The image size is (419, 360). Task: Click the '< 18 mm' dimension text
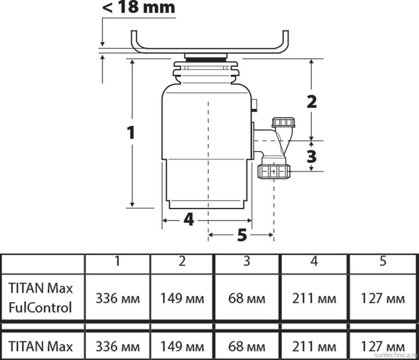[x=139, y=8]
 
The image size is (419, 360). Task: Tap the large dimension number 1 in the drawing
[x=131, y=133]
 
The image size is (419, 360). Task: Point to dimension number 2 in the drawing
[x=311, y=102]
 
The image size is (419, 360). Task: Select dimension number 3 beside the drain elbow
[x=311, y=156]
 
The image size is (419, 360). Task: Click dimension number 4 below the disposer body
[x=189, y=220]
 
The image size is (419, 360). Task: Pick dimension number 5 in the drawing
[x=242, y=234]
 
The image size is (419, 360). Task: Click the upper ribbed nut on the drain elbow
[x=283, y=122]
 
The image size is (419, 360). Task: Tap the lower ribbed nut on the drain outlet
[x=273, y=171]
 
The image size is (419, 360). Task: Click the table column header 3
[x=247, y=261]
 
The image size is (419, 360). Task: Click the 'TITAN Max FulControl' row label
[x=41, y=297]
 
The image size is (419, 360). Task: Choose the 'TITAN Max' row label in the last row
[x=41, y=346]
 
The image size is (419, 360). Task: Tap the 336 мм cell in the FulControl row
[x=117, y=298]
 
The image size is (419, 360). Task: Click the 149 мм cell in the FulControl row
[x=182, y=298]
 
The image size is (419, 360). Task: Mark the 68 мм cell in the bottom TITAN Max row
[x=247, y=346]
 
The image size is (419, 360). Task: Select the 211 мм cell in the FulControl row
[x=314, y=298]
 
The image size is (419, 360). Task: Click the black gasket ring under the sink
[x=206, y=59]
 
